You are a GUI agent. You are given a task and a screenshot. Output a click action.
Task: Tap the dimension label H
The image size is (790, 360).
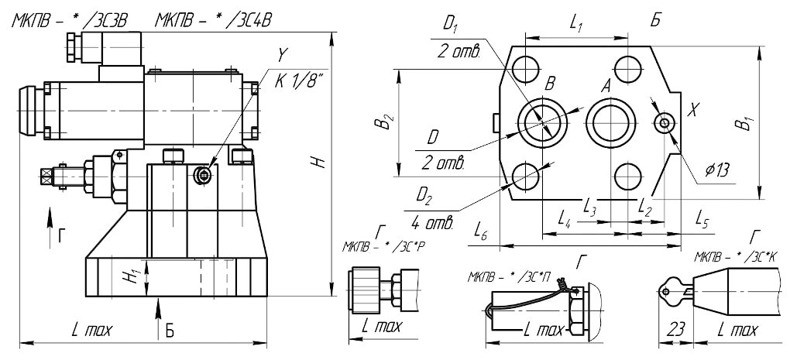[315, 163]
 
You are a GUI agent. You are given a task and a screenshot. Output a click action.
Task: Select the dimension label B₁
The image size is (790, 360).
[745, 122]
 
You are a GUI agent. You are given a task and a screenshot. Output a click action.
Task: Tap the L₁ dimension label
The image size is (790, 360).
[575, 24]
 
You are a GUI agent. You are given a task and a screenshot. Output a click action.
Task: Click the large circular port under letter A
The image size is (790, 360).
[610, 122]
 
